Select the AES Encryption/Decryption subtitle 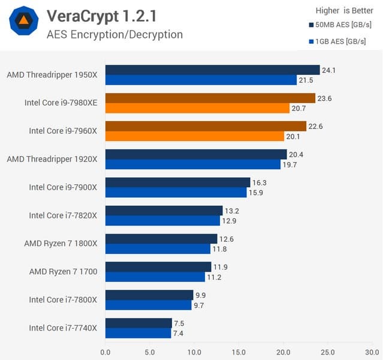[x=114, y=34]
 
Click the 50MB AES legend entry [x=340, y=25]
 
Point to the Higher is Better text [x=345, y=10]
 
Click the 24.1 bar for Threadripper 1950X [x=212, y=70]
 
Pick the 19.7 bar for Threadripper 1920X [x=192, y=164]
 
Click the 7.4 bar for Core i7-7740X [x=138, y=333]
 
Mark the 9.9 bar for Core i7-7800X [x=149, y=295]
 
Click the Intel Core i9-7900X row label [x=63, y=187]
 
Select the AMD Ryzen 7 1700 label [x=63, y=271]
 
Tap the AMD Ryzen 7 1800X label [x=61, y=243]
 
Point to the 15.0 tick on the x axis [x=239, y=352]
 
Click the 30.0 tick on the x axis [x=372, y=352]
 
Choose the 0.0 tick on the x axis [x=105, y=352]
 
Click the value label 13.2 [x=231, y=211]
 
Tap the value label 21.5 [x=306, y=80]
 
